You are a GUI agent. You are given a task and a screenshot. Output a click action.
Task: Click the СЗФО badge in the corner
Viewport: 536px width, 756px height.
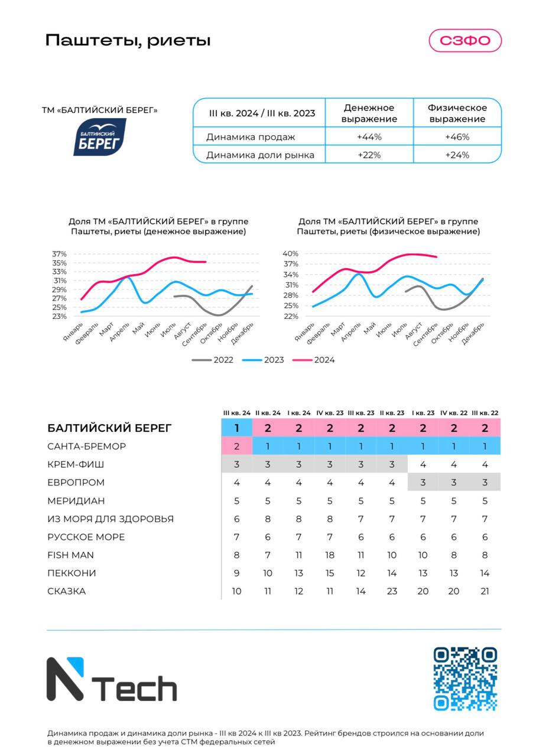coord(465,41)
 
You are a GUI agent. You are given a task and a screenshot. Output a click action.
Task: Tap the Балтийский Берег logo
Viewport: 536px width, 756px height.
coord(100,136)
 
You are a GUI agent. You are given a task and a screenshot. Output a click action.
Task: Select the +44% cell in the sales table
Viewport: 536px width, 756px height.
coord(369,136)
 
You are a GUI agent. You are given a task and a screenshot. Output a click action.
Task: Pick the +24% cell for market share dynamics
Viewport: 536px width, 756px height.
coord(457,155)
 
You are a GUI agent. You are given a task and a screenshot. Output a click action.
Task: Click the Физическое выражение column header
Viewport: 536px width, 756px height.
coord(457,113)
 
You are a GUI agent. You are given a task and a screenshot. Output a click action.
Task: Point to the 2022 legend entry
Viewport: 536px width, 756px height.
coord(212,360)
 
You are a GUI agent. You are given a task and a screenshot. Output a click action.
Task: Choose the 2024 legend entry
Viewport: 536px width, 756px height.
coord(313,360)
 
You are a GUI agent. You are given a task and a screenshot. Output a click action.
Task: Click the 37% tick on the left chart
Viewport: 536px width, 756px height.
coord(59,254)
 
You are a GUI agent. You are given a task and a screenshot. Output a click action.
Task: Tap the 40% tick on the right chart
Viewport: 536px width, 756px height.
coord(291,253)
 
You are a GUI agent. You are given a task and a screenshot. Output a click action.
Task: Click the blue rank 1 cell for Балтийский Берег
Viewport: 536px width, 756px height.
coord(237,428)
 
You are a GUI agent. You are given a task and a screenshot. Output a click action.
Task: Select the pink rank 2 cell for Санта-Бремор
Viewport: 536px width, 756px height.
coord(237,446)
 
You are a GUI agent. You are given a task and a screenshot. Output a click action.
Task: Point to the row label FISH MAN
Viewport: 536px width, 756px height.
coord(70,555)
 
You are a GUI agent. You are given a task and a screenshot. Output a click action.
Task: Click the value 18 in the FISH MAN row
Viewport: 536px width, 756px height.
coord(330,555)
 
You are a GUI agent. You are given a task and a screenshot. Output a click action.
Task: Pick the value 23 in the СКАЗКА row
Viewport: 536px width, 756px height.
coord(392,591)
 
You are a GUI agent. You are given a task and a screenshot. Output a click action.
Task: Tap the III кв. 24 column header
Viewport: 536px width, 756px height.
coord(237,413)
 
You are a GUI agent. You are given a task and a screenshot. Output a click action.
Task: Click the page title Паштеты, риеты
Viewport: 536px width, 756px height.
coord(128,41)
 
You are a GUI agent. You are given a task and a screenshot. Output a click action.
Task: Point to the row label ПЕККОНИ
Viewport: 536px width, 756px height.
coord(72,573)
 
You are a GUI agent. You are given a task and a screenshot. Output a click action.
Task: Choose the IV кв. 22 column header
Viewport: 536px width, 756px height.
coord(454,413)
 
